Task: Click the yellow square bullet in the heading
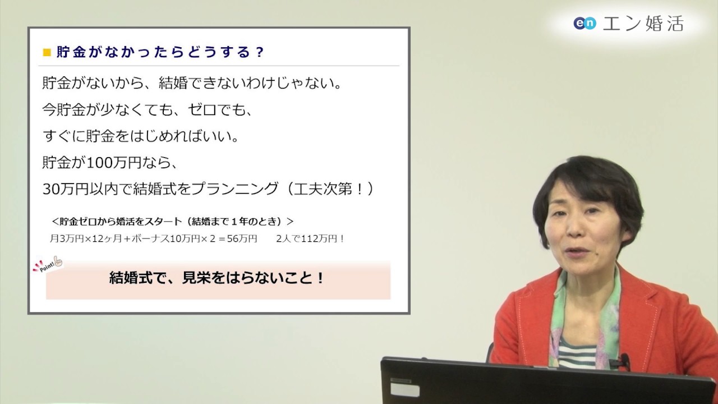pos(47,52)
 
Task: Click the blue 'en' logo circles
pos(584,23)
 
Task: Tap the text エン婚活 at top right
pos(643,23)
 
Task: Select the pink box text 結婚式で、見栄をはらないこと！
pos(217,279)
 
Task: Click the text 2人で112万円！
pos(310,238)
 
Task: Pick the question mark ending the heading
pos(259,52)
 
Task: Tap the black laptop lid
pos(538,382)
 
